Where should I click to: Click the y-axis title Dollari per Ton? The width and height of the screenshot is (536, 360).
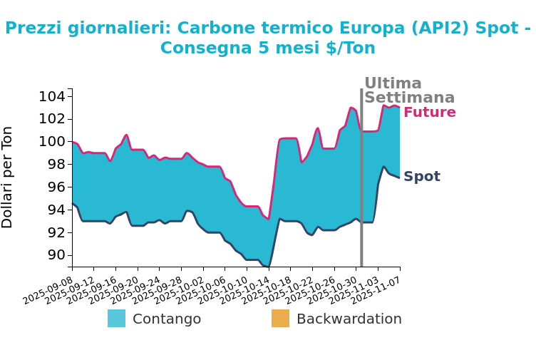(8, 177)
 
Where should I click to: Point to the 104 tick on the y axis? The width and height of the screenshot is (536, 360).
(56, 96)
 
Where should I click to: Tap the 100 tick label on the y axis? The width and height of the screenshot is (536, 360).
(56, 141)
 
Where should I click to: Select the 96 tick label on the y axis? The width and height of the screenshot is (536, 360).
(56, 187)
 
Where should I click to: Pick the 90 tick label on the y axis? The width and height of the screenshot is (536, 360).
(56, 255)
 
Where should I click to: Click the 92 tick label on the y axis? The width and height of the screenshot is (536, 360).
(56, 232)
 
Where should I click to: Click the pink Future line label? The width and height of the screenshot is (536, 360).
(429, 113)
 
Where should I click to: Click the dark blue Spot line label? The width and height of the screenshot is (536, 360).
(421, 177)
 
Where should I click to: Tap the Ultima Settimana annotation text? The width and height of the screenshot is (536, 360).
(408, 91)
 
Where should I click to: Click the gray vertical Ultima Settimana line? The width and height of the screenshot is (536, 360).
(361, 178)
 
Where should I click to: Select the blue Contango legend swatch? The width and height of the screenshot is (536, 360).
(116, 319)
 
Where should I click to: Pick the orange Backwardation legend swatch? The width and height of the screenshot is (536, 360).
(280, 319)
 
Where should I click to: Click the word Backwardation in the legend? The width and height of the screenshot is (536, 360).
(349, 319)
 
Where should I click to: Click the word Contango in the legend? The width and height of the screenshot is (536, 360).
(167, 319)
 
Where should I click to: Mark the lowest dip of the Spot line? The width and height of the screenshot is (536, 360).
(267, 267)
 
